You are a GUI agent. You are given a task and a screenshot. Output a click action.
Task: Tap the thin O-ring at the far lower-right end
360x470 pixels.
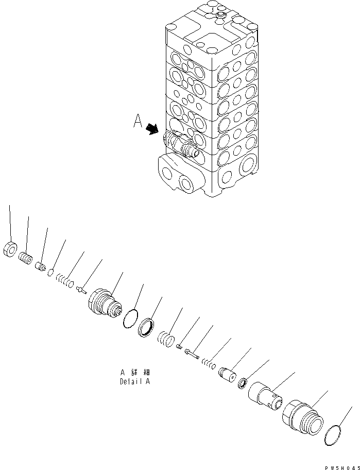click(x=335, y=435)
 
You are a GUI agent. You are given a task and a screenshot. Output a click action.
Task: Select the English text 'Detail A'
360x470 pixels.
click(x=135, y=382)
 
